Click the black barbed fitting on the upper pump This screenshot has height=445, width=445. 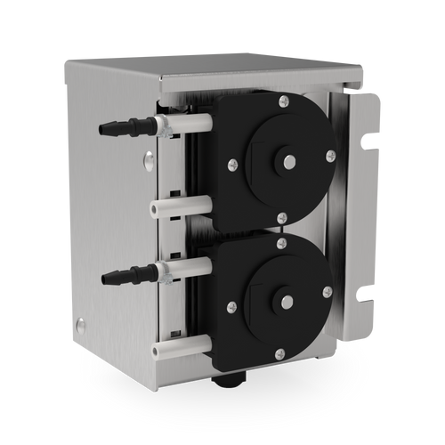[120, 125]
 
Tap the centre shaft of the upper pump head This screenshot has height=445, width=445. [288, 160]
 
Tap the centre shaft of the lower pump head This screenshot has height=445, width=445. [287, 302]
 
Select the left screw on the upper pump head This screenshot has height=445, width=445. [233, 164]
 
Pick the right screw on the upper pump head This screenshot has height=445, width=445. [330, 156]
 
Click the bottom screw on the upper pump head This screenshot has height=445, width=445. [282, 218]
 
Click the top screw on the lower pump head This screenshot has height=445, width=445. [281, 243]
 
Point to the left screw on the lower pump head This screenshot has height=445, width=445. [232, 307]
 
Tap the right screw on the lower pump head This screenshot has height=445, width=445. [328, 292]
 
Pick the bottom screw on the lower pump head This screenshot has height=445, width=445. [279, 354]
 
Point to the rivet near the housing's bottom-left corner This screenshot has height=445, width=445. [81, 325]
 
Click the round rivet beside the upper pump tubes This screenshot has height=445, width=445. [149, 160]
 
